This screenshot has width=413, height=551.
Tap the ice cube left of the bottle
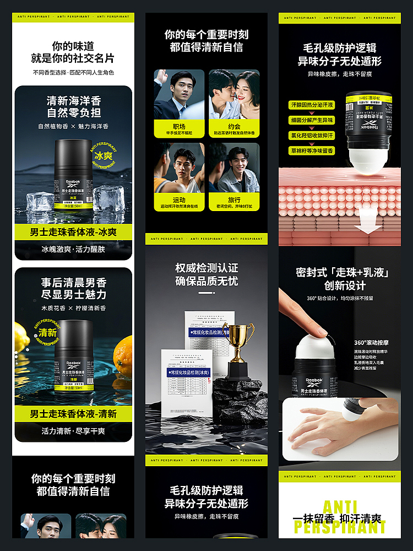coord(40,201)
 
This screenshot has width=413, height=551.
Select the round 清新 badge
coord(47,332)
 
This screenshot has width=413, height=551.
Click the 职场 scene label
coord(179,126)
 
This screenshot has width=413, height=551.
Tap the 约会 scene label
coord(234,126)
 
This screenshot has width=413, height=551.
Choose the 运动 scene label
coord(179,199)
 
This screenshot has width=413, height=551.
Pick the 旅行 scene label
coord(234,199)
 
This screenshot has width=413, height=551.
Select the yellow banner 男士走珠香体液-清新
coord(73,414)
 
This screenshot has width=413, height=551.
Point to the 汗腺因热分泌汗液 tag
coord(312,105)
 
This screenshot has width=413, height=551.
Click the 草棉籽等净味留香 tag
coord(312,150)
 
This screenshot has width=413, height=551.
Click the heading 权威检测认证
coord(206,268)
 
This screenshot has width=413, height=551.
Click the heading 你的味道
coord(73,46)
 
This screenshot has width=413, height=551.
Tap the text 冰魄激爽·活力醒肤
coord(73,249)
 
